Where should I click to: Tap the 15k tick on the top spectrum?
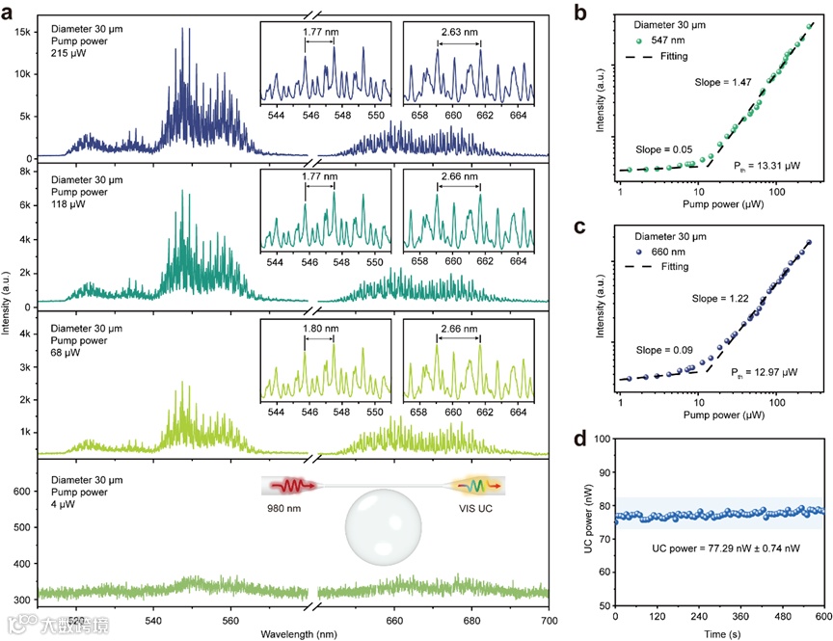[x=21, y=32]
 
